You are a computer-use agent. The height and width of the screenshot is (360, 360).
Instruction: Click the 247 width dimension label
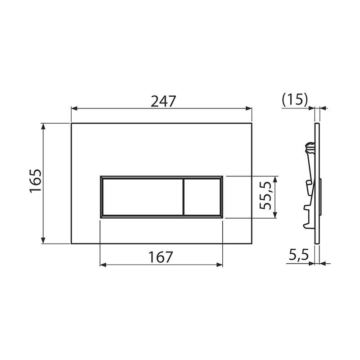tap(163, 101)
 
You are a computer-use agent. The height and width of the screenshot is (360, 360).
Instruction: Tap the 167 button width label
tap(161, 257)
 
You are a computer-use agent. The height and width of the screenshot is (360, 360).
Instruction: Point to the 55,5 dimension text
tap(265, 195)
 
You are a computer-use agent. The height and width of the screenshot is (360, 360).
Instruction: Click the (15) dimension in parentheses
tap(295, 100)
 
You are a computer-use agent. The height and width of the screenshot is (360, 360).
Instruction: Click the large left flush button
tap(143, 197)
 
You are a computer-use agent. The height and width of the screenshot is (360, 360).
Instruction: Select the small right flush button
tap(202, 197)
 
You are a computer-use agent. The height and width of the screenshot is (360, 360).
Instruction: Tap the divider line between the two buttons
tap(184, 197)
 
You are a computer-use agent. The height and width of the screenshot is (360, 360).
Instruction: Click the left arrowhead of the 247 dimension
tap(74, 108)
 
